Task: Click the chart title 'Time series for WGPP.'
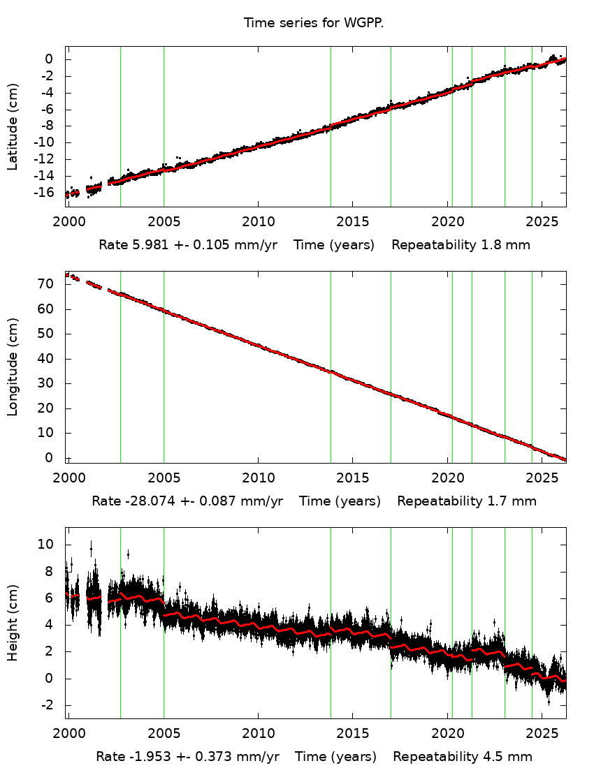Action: click(314, 23)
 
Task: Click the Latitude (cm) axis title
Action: click(13, 127)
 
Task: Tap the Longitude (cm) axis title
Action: click(13, 367)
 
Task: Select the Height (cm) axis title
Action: click(13, 623)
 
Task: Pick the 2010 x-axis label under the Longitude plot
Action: click(258, 478)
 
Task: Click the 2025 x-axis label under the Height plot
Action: click(542, 733)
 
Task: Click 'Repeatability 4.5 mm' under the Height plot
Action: click(463, 757)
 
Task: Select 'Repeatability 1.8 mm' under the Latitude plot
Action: click(461, 245)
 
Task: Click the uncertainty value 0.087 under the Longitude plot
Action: click(239, 501)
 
